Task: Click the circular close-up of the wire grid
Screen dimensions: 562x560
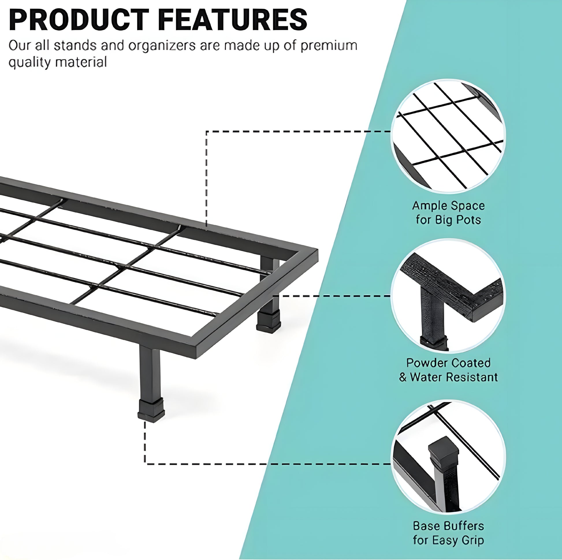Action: pos(448,136)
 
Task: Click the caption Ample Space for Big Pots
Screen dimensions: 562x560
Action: pos(448,213)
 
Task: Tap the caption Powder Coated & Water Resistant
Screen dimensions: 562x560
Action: pos(448,370)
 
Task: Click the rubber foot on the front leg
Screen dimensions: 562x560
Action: pos(151,410)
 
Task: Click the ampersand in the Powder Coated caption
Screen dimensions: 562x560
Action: pos(403,377)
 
